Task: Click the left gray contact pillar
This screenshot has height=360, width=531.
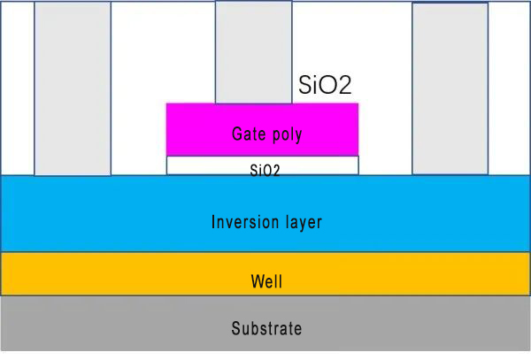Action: click(73, 88)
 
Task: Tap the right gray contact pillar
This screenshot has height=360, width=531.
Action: click(450, 88)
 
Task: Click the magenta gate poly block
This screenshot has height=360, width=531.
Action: click(262, 119)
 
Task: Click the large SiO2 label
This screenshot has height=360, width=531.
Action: click(326, 86)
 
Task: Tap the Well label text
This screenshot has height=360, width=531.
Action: click(266, 283)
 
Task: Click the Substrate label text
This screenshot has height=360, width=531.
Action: click(266, 329)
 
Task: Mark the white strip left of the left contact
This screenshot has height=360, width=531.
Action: click(17, 88)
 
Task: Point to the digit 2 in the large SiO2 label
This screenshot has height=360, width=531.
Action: click(345, 87)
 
